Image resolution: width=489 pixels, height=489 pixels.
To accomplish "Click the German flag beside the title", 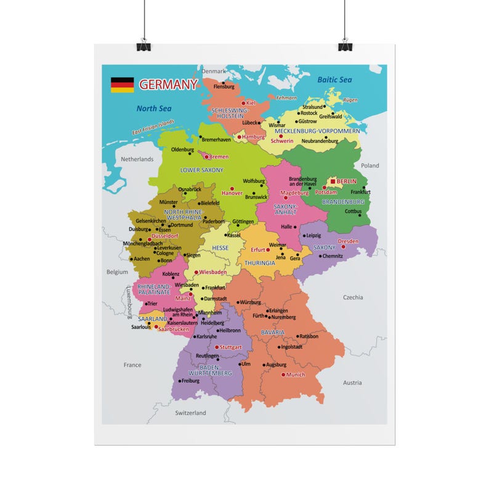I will coord(122,85).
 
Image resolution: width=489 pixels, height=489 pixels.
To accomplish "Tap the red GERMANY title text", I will coord(168,84).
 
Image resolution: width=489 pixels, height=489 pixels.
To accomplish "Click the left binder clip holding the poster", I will coord(143,44).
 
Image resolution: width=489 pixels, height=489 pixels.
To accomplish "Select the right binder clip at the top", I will coord(345,44).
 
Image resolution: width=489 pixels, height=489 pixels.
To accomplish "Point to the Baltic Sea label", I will coord(334,79).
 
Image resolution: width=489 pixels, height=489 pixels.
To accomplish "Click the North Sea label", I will coord(153,108).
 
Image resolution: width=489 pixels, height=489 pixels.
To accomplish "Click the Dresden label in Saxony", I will coord(348,241).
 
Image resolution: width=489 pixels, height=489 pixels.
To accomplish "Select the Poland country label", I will coord(370,166).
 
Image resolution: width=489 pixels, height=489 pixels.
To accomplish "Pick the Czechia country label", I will coord(353,297).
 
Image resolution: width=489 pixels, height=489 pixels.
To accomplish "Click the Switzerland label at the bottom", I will coord(190,413).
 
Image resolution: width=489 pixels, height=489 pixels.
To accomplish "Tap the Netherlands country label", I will coord(137,159).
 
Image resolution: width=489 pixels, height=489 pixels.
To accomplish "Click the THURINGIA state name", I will coord(260,263).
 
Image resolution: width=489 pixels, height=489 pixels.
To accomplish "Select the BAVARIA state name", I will coord(273,332).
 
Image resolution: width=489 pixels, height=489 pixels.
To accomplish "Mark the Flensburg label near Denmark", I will coord(224,87).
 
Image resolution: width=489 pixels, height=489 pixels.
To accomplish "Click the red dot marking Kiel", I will coord(243,103).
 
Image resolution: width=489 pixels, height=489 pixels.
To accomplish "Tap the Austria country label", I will coord(352,382).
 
